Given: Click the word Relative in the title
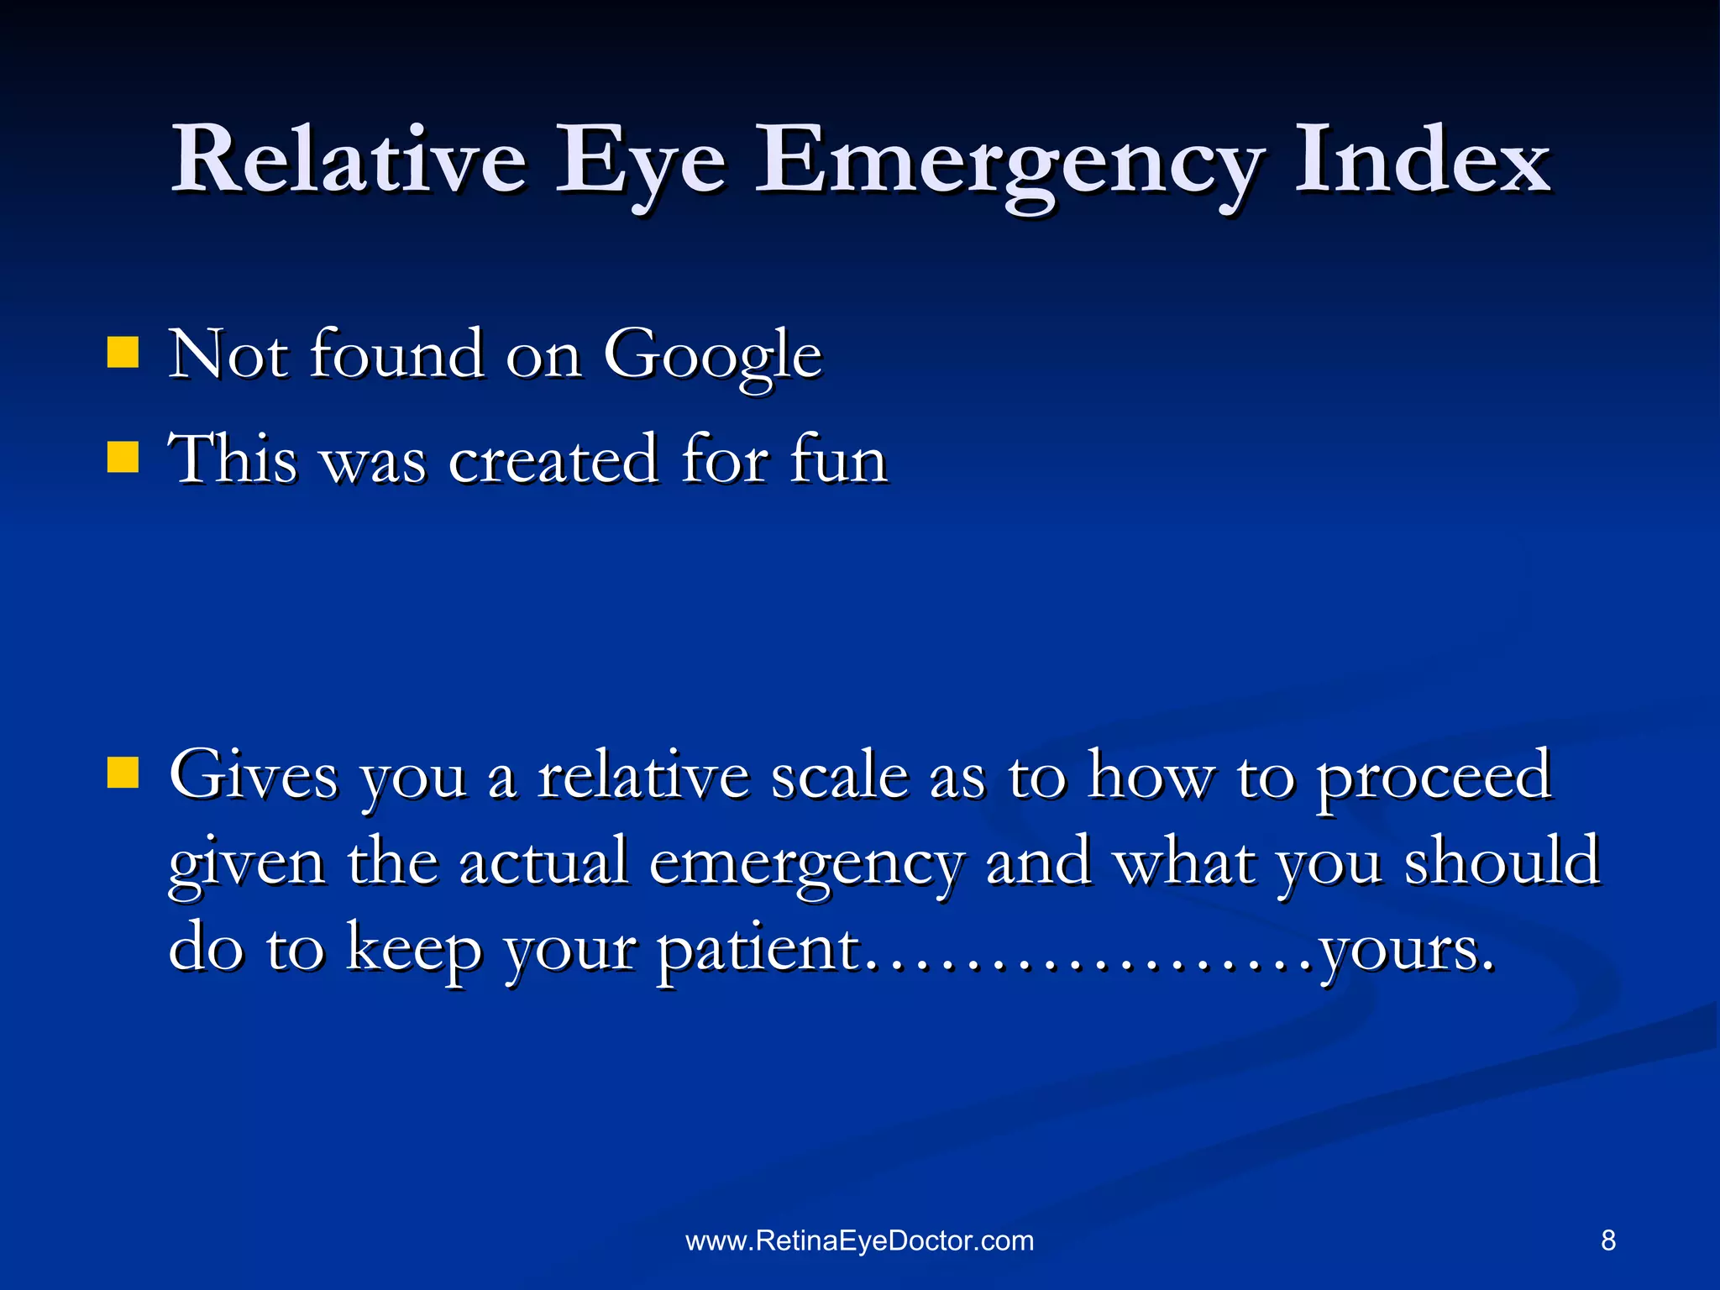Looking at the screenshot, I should point(349,160).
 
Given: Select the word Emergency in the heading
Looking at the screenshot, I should point(1008,164).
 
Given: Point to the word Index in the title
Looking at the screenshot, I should point(1421,160).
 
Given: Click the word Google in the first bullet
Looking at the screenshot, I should point(712,357).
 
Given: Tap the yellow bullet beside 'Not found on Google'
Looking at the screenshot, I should point(123,354).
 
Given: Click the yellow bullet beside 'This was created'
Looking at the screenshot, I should point(123,458).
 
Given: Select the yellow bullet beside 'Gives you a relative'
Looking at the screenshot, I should point(123,773).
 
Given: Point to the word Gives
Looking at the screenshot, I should point(254,774).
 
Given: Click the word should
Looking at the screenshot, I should point(1502,861).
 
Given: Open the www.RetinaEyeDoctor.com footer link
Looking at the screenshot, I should point(860,1240).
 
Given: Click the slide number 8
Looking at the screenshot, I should point(1607,1240).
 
